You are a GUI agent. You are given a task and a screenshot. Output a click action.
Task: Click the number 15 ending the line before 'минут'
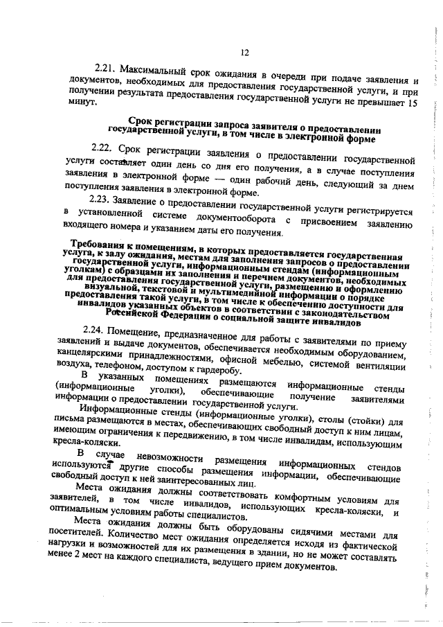413,102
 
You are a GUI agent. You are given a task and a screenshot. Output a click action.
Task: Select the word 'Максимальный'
150,70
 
